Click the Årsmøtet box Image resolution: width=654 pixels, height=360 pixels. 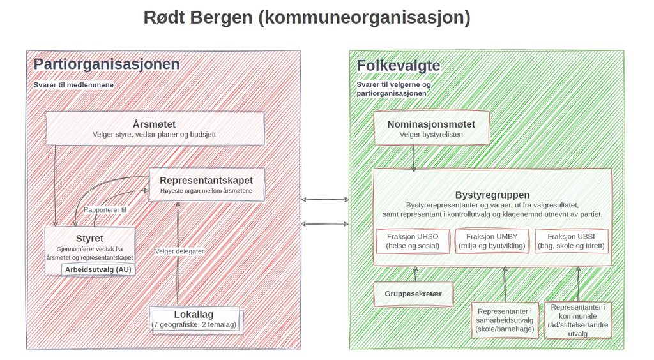155,128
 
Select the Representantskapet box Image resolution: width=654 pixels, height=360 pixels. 206,184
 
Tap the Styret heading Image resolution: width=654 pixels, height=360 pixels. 89,238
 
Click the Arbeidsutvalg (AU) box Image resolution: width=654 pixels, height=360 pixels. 98,269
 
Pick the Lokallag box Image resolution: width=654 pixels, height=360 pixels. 194,320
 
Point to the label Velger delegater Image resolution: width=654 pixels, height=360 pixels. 179,251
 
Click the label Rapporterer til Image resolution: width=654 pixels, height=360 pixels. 105,210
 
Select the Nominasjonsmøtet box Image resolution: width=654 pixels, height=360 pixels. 431,128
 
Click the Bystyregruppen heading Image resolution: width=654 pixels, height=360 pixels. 492,195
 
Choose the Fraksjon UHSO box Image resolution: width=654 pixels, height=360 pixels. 413,241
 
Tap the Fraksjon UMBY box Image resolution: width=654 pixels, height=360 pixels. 492,241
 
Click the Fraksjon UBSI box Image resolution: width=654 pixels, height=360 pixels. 572,241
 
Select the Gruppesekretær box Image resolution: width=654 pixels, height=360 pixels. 413,294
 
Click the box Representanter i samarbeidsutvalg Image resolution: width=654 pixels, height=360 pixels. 505,320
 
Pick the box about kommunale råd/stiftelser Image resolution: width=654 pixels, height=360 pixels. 578,320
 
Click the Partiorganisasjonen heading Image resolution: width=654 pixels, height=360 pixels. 107,64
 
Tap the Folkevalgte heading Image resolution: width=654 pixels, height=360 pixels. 399,65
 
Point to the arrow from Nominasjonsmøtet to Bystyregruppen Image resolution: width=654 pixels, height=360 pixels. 414,158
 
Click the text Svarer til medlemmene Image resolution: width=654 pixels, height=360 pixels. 74,85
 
